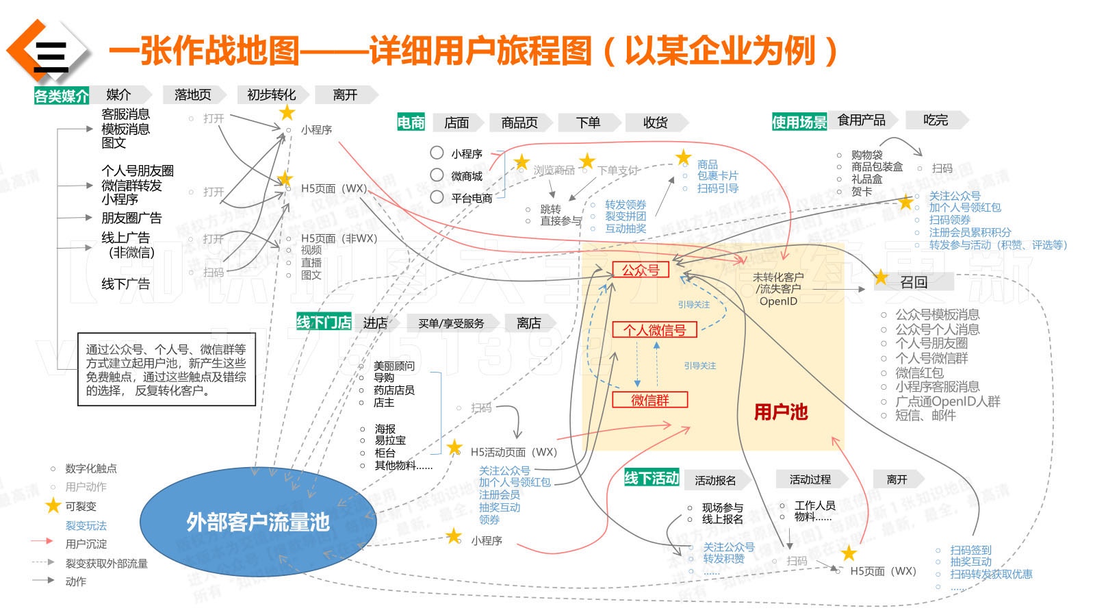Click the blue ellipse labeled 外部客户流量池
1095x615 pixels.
click(x=257, y=522)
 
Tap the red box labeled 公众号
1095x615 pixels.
click(x=641, y=270)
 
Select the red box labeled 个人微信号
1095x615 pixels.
click(x=654, y=330)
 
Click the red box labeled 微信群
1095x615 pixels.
click(x=649, y=400)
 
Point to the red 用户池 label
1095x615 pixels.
click(x=780, y=412)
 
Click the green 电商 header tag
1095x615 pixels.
click(x=411, y=123)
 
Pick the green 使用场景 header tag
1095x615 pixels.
click(x=799, y=123)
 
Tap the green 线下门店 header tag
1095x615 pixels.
click(x=324, y=323)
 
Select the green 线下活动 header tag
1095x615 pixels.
click(x=651, y=478)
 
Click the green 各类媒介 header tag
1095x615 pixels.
click(x=61, y=96)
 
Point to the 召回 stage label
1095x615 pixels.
click(x=914, y=282)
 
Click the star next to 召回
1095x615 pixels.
click(x=881, y=278)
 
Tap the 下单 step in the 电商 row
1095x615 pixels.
click(x=588, y=123)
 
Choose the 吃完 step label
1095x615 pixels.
click(x=935, y=121)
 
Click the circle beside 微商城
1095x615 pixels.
click(x=437, y=175)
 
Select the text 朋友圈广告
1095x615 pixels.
click(x=131, y=218)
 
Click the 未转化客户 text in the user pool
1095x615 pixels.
click(x=778, y=277)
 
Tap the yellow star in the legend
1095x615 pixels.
click(x=53, y=506)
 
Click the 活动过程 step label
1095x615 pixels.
click(x=810, y=479)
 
